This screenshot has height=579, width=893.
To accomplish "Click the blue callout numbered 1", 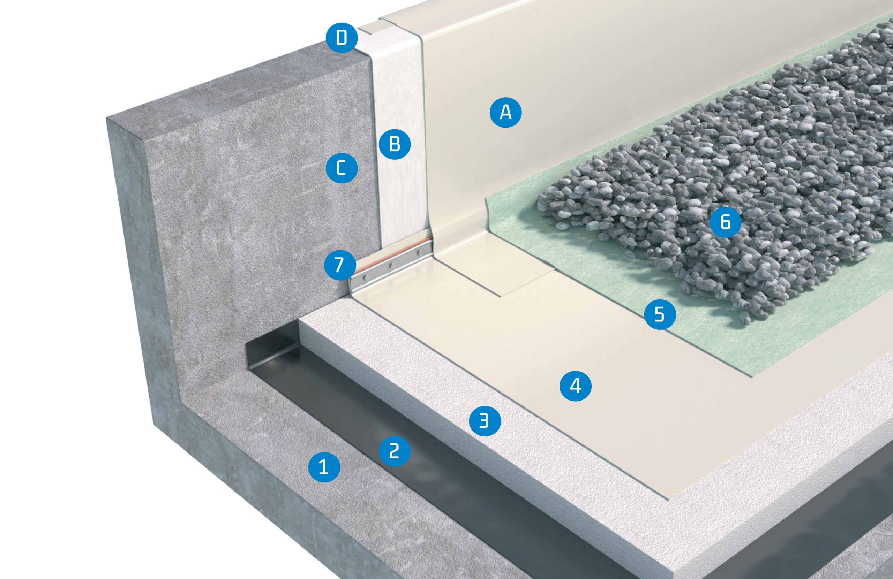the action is tap(324, 467).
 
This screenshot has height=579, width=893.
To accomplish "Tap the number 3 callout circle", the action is tap(485, 420).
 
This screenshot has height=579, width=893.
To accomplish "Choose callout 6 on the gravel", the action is tap(725, 222).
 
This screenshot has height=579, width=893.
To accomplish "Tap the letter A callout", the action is tap(506, 112).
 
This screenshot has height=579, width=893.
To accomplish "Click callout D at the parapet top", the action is tap(342, 38).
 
